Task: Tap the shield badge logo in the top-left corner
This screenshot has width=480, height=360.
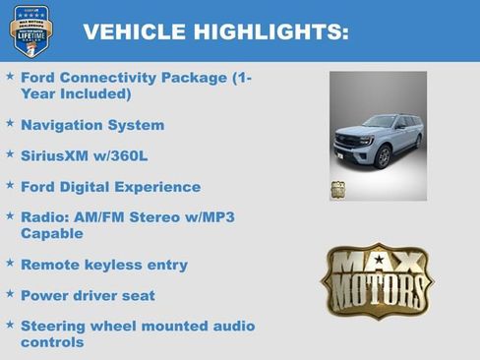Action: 29,30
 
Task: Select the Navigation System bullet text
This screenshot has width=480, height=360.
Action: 92,126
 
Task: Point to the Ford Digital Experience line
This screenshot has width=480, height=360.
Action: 110,187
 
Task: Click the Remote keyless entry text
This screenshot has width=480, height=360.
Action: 103,265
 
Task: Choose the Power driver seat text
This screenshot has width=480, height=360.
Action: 88,295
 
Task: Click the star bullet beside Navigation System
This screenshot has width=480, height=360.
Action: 10,124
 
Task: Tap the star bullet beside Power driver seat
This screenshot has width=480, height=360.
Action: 10,293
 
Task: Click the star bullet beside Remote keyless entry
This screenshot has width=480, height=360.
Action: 10,263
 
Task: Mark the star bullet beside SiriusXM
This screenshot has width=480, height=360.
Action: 10,154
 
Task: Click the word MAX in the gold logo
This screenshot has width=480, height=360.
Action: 377,264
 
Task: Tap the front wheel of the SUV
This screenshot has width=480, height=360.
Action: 383,157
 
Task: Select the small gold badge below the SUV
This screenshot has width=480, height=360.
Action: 337,190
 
